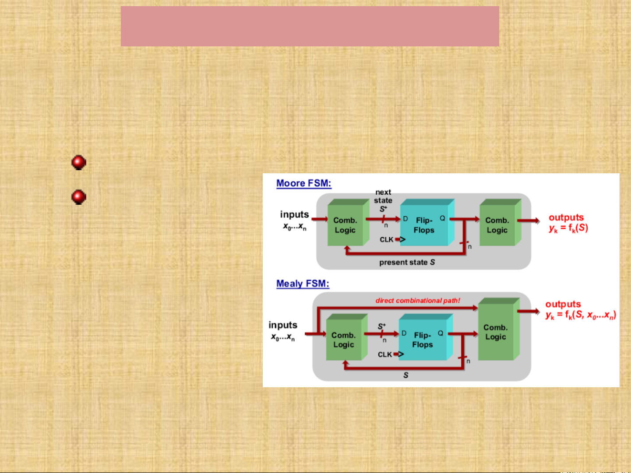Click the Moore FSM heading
303,183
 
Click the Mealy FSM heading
303,284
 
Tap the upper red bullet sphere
79,162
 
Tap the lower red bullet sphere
79,197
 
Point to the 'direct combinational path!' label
418,301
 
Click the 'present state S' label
407,263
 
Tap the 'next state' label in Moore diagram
383,196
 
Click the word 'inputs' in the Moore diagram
295,214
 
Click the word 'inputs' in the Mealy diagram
283,325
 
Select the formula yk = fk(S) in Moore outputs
568,228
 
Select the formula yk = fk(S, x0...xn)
581,315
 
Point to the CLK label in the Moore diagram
386,240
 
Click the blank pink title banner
310,26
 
